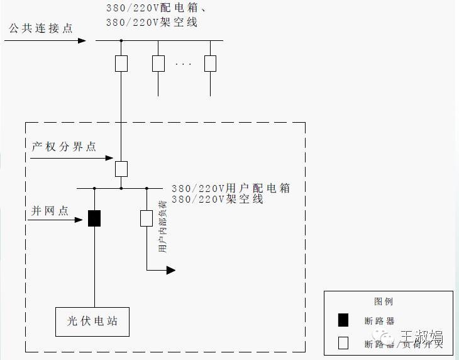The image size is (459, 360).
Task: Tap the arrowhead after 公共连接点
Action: [82, 41]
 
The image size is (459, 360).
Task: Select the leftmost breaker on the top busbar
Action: [121, 64]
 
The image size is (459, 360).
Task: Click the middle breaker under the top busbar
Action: [158, 64]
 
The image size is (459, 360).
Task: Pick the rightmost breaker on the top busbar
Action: [210, 64]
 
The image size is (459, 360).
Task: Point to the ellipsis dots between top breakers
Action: [184, 64]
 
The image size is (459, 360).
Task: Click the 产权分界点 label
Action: [64, 147]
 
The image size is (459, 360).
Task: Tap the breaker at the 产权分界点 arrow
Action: [121, 168]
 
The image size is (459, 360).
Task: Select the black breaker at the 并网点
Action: [94, 218]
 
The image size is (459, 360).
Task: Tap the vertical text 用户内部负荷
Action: [163, 227]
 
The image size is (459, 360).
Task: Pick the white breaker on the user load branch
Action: [147, 218]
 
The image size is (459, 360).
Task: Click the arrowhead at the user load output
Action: [170, 270]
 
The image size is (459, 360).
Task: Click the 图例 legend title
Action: [384, 301]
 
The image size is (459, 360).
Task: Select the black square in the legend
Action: [343, 320]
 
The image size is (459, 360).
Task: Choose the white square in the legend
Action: [343, 343]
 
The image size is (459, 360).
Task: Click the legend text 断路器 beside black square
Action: [380, 321]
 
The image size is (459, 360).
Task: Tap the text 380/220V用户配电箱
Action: [231, 188]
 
